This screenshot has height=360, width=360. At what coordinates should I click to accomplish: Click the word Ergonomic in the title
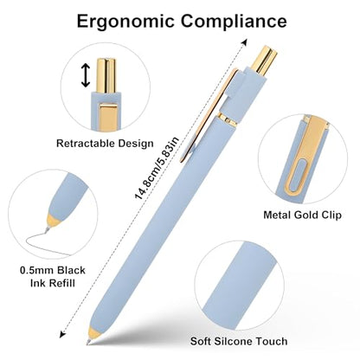pos(125,21)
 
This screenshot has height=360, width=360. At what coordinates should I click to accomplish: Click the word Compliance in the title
pos(234,21)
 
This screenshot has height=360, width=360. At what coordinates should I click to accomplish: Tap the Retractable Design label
pos(105,143)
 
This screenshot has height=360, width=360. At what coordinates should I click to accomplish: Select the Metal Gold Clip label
pos(302,215)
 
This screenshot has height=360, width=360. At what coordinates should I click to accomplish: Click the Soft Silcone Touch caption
pos(239,341)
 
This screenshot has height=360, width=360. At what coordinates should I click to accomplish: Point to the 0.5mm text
pos(37,270)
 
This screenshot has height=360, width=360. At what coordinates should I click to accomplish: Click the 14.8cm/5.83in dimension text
pos(157,168)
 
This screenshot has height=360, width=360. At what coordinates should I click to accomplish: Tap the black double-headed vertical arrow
pos(86,75)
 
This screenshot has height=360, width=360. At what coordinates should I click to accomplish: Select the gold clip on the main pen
pos(209,115)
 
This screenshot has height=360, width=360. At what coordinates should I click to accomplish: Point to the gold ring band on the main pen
pos(228,119)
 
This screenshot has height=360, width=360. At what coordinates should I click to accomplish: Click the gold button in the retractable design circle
pos(106,75)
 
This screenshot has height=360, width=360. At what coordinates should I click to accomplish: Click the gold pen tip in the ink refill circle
pos(54,222)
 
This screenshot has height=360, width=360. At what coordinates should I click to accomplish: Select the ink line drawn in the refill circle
pos(48,243)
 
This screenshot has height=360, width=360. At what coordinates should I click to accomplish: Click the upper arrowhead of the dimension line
pos(245,42)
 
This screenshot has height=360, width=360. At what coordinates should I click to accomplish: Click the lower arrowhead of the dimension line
pos(61,335)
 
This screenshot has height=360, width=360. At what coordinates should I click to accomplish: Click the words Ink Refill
pos(53,283)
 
